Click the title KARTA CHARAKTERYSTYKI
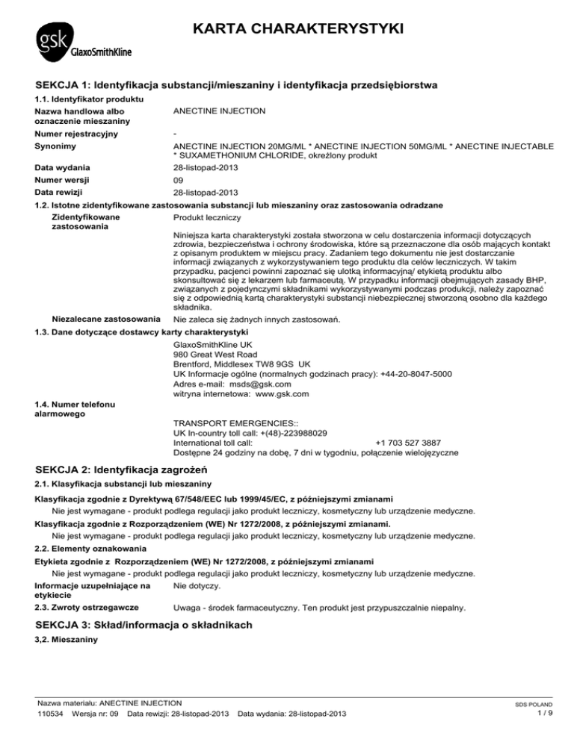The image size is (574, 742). tap(297, 29)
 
